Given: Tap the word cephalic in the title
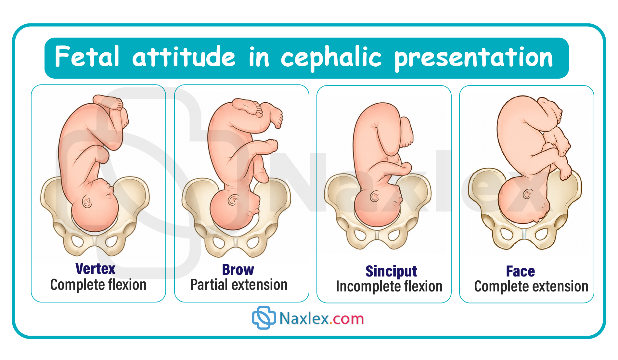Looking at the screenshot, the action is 331,58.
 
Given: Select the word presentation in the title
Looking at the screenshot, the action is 473,58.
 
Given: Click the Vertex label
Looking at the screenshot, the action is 95,269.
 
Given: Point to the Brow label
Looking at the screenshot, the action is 238,270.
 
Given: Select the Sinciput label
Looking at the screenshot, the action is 391,272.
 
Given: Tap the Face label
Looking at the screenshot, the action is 521,271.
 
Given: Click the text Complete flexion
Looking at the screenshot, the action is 98,285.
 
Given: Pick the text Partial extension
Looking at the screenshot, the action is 239,285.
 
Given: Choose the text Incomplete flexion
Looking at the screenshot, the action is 389,287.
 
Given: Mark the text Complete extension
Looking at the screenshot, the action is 531,287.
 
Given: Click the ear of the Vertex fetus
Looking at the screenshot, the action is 87,202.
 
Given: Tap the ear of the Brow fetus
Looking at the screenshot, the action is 233,199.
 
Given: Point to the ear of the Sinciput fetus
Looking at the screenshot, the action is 375,196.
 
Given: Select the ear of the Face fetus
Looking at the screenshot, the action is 527,194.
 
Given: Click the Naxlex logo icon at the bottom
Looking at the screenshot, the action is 264,318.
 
